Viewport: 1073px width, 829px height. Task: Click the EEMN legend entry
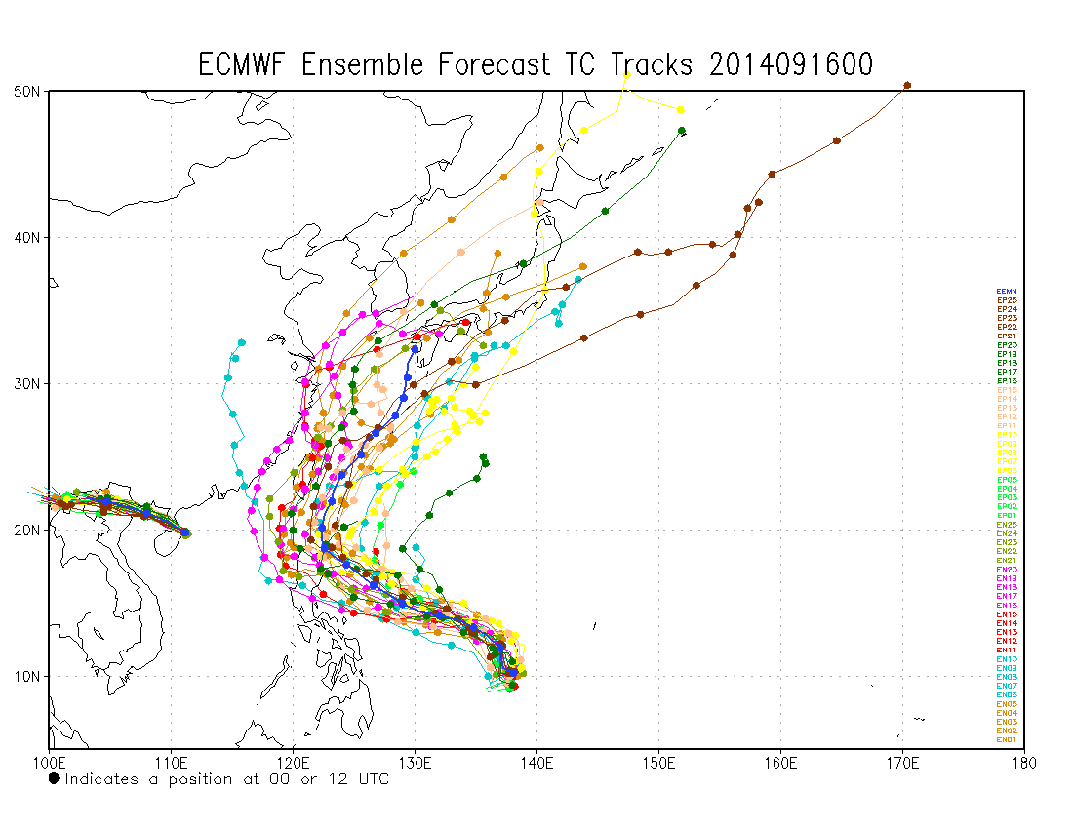click(x=1007, y=291)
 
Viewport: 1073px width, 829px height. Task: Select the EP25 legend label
click(x=1007, y=300)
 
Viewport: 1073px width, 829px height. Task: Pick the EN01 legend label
click(x=1007, y=739)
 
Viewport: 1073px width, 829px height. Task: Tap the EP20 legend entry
click(x=1007, y=344)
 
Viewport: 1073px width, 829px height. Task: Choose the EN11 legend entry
click(x=1007, y=650)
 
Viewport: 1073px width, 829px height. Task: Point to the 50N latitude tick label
click(x=27, y=91)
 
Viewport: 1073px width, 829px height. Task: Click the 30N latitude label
click(x=27, y=383)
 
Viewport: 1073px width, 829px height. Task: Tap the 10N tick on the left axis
click(x=27, y=676)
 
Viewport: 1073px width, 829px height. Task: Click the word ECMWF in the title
click(x=244, y=64)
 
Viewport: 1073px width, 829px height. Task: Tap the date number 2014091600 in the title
click(x=792, y=64)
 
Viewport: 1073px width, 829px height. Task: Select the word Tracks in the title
click(x=652, y=64)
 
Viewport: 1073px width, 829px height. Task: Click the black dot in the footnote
click(x=54, y=778)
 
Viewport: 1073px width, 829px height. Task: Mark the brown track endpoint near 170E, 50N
click(x=907, y=85)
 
